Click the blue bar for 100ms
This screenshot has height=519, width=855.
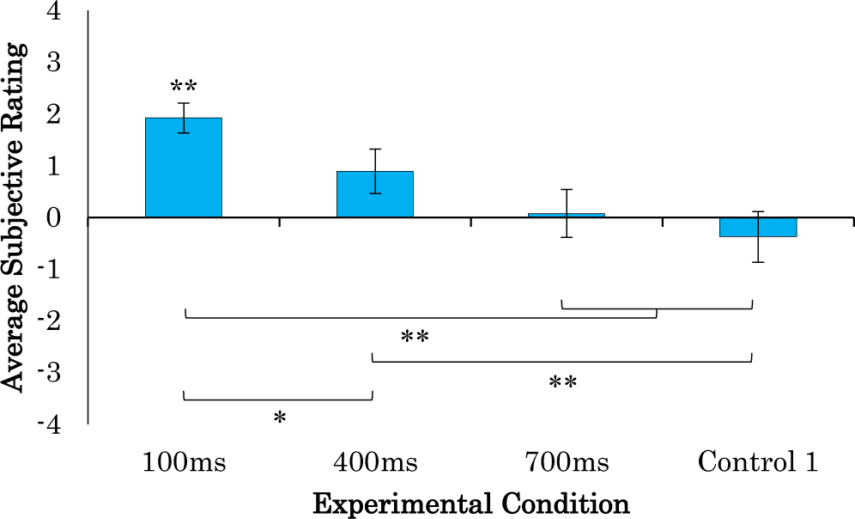pyautogui.click(x=184, y=168)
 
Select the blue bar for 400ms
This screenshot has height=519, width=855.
pyautogui.click(x=375, y=194)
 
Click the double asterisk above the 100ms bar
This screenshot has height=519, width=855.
pyautogui.click(x=184, y=87)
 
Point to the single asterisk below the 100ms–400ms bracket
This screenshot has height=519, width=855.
pyautogui.click(x=279, y=418)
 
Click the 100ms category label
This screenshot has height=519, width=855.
pyautogui.click(x=184, y=463)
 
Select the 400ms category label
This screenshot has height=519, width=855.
pyautogui.click(x=375, y=463)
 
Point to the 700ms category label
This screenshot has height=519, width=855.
pyautogui.click(x=567, y=463)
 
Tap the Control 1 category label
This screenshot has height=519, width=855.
pyautogui.click(x=757, y=463)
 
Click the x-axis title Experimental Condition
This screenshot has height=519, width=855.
pyautogui.click(x=470, y=503)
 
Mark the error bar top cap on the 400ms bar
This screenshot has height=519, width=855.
pyautogui.click(x=375, y=149)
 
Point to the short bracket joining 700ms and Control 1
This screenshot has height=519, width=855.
pyautogui.click(x=657, y=308)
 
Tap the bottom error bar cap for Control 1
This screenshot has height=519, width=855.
pyautogui.click(x=758, y=262)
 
